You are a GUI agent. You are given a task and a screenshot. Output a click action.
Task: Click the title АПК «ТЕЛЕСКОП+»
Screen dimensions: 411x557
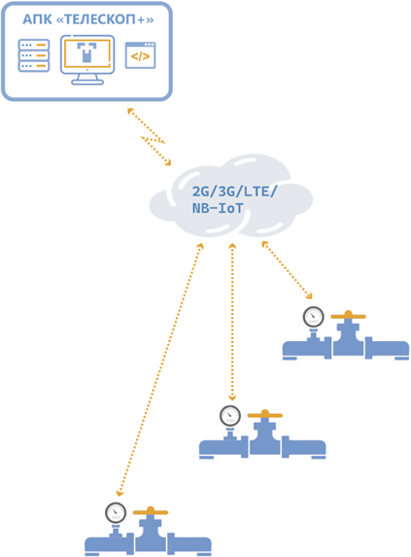pos(88,19)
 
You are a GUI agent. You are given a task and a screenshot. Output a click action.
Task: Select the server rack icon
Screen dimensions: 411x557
pos(34,55)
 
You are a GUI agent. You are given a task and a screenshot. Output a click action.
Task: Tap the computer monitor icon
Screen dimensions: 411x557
pos(87,59)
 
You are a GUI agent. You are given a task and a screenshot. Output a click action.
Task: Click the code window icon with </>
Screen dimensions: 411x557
pos(140,55)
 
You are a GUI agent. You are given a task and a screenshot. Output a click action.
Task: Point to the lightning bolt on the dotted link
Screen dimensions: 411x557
pos(153,140)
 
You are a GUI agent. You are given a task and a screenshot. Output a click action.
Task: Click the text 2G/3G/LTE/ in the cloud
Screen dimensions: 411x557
pos(234,191)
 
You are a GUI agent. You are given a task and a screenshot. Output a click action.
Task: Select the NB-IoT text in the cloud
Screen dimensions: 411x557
pos(218,208)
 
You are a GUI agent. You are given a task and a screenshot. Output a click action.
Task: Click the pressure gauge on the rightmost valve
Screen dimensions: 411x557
pos(314,317)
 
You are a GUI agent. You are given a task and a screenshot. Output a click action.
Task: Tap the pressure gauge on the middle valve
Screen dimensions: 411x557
pos(230,416)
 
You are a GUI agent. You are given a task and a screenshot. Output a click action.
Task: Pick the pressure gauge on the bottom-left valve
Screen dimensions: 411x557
pos(116,512)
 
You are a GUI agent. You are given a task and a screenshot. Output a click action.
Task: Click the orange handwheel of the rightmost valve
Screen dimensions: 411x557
pos(348,316)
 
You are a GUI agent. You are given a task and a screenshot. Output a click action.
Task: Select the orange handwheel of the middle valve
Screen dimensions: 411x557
pos(265,414)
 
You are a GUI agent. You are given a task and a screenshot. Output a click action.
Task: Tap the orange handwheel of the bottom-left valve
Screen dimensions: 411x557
pos(151,511)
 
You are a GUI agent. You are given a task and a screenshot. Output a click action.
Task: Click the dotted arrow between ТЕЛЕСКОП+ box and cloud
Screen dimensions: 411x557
pos(150,137)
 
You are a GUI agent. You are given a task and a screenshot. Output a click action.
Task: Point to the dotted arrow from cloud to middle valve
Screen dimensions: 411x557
pos(232,322)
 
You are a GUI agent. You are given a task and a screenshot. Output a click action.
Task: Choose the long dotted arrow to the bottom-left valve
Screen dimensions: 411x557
pos(160,369)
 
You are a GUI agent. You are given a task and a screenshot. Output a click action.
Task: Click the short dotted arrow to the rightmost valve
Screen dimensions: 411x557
pos(287,270)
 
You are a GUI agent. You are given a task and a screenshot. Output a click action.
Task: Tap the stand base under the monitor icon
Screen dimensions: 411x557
pos(87,82)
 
